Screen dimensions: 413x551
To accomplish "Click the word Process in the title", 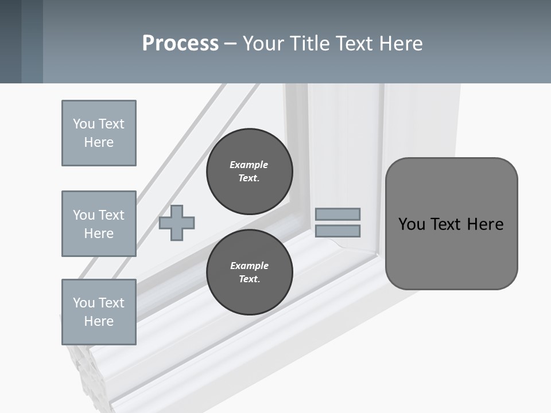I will [x=180, y=44].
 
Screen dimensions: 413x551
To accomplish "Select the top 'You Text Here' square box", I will [x=99, y=133].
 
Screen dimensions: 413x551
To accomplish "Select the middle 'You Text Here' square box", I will [x=99, y=224].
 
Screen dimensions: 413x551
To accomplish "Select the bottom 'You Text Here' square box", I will [x=99, y=312].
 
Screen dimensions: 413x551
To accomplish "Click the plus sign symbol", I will [x=177, y=223].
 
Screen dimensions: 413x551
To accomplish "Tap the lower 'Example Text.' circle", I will [x=249, y=272].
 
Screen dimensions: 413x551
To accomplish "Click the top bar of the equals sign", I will [x=337, y=214].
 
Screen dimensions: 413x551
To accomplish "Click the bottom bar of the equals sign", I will [x=337, y=231].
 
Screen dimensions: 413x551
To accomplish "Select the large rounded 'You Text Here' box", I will [x=451, y=224].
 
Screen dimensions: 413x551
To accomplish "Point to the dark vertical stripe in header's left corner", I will [x=10, y=41].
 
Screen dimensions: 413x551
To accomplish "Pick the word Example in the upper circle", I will [x=249, y=165].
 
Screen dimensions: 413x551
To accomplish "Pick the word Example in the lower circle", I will [x=249, y=266].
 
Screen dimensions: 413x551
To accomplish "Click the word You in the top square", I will [x=84, y=124].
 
